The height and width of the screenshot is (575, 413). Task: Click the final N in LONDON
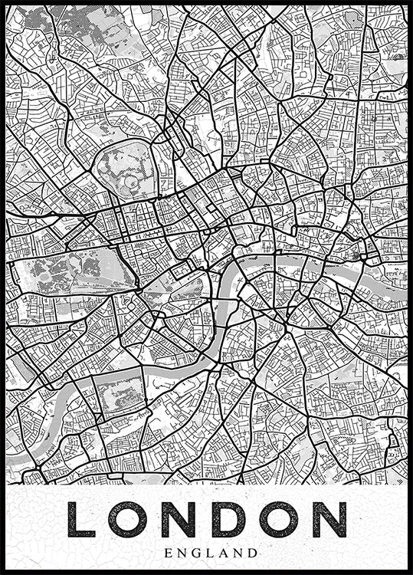click(330, 519)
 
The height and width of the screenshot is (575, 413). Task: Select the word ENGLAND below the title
click(206, 552)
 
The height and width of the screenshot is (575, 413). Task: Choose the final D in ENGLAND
click(254, 552)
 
